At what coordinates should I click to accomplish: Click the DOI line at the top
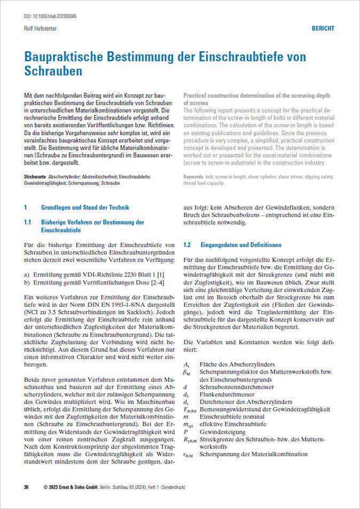pos(51,17)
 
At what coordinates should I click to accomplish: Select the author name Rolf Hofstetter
pos(41,29)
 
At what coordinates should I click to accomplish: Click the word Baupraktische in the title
pos(69,58)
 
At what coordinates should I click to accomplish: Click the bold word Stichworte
pos(35,176)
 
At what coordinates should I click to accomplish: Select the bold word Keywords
pos(193,176)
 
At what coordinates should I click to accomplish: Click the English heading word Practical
pos(196,94)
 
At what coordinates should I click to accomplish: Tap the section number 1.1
pos(28,222)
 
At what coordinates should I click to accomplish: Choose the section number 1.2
pos(187,245)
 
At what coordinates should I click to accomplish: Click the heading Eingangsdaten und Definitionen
pos(241,245)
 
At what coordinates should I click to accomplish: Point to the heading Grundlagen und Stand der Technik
pos(85,207)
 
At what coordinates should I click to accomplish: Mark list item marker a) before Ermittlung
pos(27,274)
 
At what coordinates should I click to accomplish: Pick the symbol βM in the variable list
pos(187,371)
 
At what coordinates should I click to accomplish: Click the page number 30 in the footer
pos(26,487)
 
